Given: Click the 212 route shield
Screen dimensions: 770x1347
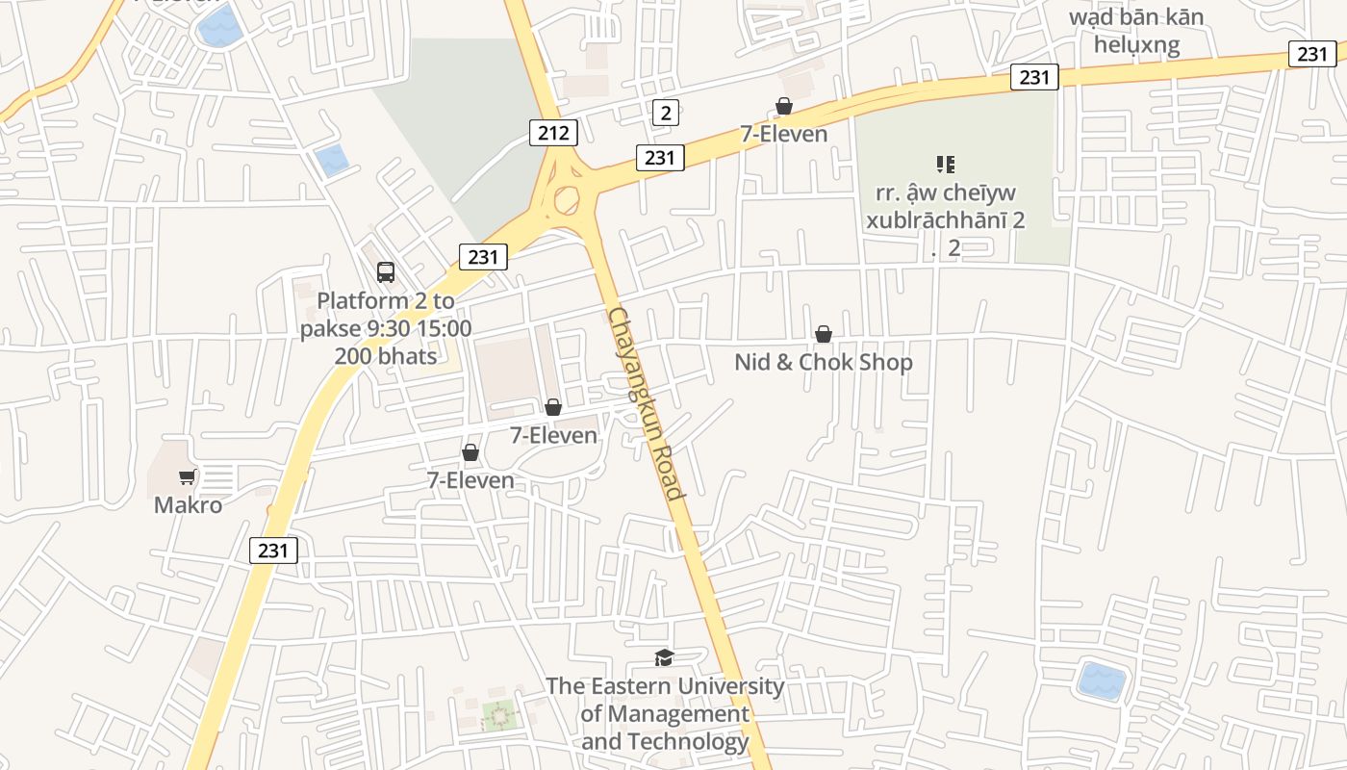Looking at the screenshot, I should pyautogui.click(x=553, y=133).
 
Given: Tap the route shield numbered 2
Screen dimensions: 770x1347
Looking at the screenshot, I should pyautogui.click(x=665, y=113).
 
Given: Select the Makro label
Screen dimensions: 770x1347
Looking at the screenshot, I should pyautogui.click(x=188, y=505).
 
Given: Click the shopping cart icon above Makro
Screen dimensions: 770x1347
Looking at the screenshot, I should pyautogui.click(x=188, y=477).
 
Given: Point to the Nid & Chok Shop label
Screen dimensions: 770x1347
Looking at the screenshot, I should pyautogui.click(x=824, y=363).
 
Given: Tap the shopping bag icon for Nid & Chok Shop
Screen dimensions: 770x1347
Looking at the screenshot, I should pyautogui.click(x=824, y=334).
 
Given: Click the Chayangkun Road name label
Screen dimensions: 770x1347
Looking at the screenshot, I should pyautogui.click(x=646, y=404).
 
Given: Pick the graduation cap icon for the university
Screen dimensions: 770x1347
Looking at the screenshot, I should pyautogui.click(x=664, y=658).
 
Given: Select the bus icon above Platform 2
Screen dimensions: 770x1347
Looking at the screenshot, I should pyautogui.click(x=386, y=272).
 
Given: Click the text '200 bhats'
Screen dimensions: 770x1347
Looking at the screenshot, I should pyautogui.click(x=386, y=356).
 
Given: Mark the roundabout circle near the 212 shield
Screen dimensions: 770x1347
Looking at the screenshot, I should pyautogui.click(x=567, y=200).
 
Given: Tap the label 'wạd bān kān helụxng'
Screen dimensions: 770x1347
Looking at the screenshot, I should pyautogui.click(x=1136, y=31).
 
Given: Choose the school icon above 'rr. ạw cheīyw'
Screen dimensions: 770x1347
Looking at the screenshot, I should pyautogui.click(x=945, y=165).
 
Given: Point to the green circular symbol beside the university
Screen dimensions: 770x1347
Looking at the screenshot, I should pyautogui.click(x=498, y=715).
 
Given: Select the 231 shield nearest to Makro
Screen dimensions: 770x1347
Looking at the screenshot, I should pyautogui.click(x=273, y=551).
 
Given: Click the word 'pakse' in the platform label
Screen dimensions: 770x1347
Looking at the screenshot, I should pyautogui.click(x=331, y=329).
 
